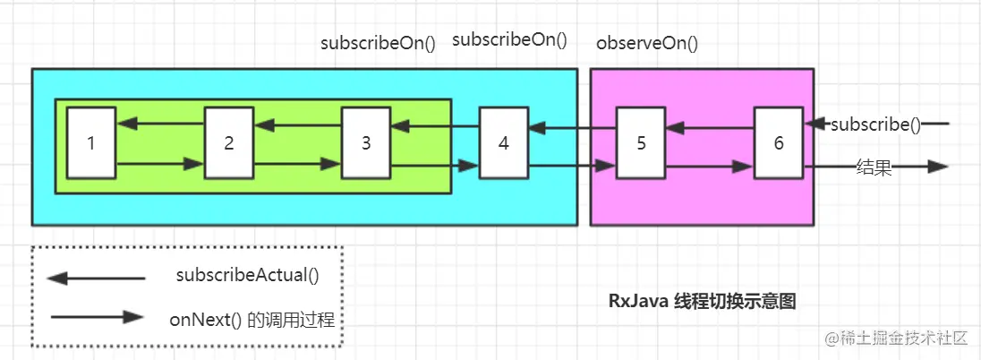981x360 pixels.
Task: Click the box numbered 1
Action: (x=91, y=142)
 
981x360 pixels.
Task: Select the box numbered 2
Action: (x=229, y=142)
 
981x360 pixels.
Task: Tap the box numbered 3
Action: (x=366, y=142)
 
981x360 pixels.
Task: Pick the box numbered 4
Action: (x=504, y=142)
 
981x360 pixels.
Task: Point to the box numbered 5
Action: (x=641, y=142)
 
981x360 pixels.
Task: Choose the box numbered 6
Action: (x=779, y=142)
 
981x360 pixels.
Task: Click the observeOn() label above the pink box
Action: (x=647, y=42)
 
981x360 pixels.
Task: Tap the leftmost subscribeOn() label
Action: (x=378, y=43)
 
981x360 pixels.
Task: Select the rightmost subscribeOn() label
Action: (x=509, y=39)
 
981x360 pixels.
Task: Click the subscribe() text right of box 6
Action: (x=874, y=125)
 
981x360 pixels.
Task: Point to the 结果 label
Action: (x=874, y=167)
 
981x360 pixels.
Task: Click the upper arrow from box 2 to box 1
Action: (x=160, y=123)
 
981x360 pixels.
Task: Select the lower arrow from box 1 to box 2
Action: (x=160, y=164)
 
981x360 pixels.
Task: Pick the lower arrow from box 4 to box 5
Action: (x=572, y=166)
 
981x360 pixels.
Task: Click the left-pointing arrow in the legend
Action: (x=96, y=279)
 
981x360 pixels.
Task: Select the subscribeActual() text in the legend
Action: (x=248, y=277)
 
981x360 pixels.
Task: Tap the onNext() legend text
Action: (x=252, y=319)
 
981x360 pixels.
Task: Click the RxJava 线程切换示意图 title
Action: (x=702, y=302)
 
